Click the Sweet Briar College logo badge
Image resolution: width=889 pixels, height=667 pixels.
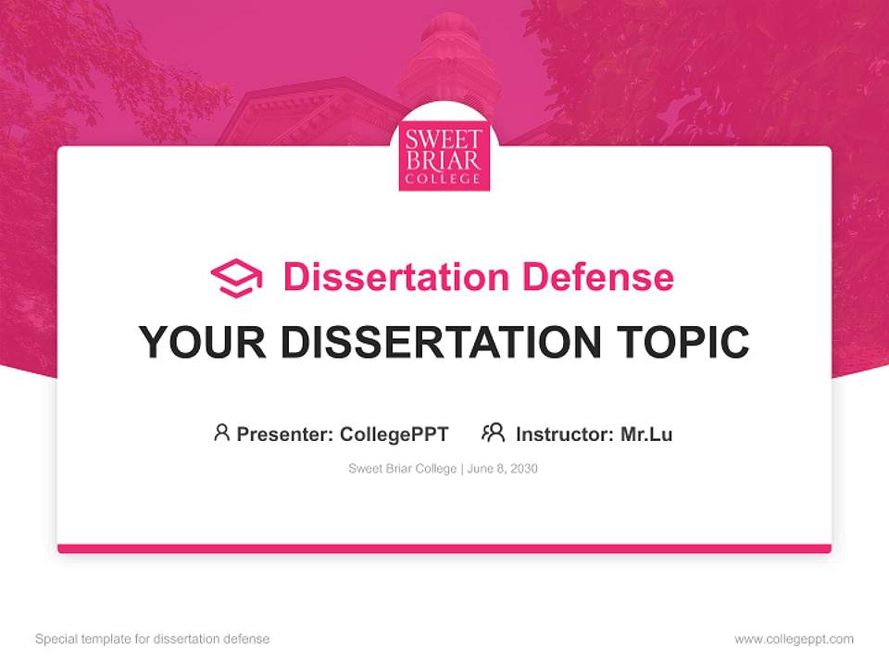(x=444, y=158)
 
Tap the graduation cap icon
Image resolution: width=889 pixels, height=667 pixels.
(x=236, y=278)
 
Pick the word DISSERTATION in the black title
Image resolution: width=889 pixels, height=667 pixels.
(x=441, y=343)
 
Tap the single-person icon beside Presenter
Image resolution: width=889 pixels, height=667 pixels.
(x=221, y=433)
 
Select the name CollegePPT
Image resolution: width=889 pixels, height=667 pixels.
(x=394, y=434)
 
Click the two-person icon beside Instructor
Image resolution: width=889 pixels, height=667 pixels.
(x=493, y=433)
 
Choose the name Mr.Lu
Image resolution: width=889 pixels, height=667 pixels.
(x=646, y=434)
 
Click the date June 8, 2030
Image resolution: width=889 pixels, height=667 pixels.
(x=503, y=469)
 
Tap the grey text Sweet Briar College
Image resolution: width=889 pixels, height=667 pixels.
(x=402, y=469)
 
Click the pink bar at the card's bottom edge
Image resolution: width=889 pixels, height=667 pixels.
(x=444, y=548)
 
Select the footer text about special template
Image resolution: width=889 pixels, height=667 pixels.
(x=153, y=639)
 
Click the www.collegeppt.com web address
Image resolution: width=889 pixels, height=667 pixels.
(x=794, y=639)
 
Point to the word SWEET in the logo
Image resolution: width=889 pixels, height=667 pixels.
(x=444, y=141)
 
